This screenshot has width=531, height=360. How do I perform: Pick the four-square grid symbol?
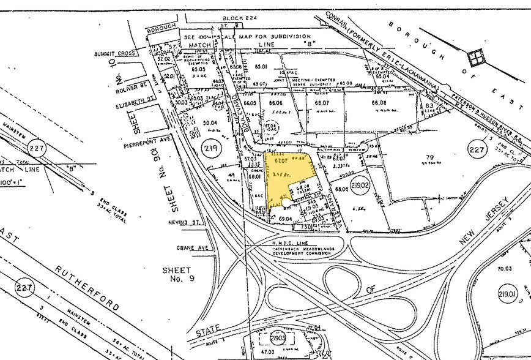tap(475, 58)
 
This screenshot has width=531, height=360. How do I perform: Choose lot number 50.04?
tap(210, 122)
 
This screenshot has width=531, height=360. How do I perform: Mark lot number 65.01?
tap(262, 66)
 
